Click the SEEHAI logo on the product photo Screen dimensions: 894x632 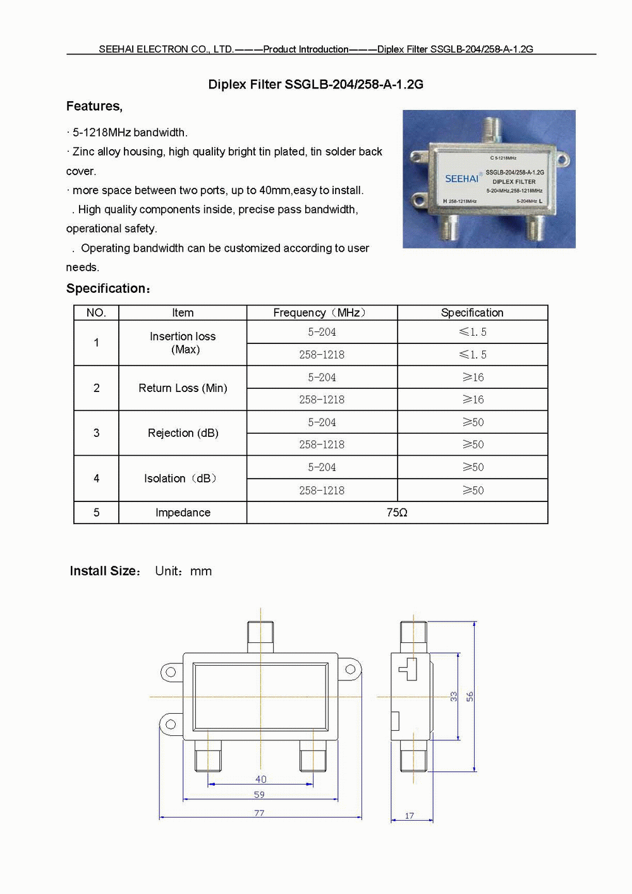tap(462, 179)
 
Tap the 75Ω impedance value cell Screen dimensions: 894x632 tap(397, 513)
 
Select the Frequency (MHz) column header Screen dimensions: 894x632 tap(321, 313)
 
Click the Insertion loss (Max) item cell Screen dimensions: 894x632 tap(183, 343)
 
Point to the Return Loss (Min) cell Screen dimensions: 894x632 tap(183, 388)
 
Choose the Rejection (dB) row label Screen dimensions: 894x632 tap(183, 433)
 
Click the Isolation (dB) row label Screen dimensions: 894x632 tap(183, 479)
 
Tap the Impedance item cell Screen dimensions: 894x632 tap(183, 513)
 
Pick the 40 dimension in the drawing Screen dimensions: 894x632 tap(261, 780)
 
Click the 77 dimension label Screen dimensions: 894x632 tap(259, 813)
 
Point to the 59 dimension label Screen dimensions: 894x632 tap(259, 795)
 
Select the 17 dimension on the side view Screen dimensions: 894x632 tap(410, 816)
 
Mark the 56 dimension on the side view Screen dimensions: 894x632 tap(470, 696)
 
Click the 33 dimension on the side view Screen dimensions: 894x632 tap(454, 696)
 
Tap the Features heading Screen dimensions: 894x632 tap(94, 106)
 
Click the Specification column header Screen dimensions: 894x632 tap(472, 313)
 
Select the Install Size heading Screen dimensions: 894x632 tap(105, 571)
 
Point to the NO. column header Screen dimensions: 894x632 tap(96, 313)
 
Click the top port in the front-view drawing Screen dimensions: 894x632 tap(260, 636)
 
